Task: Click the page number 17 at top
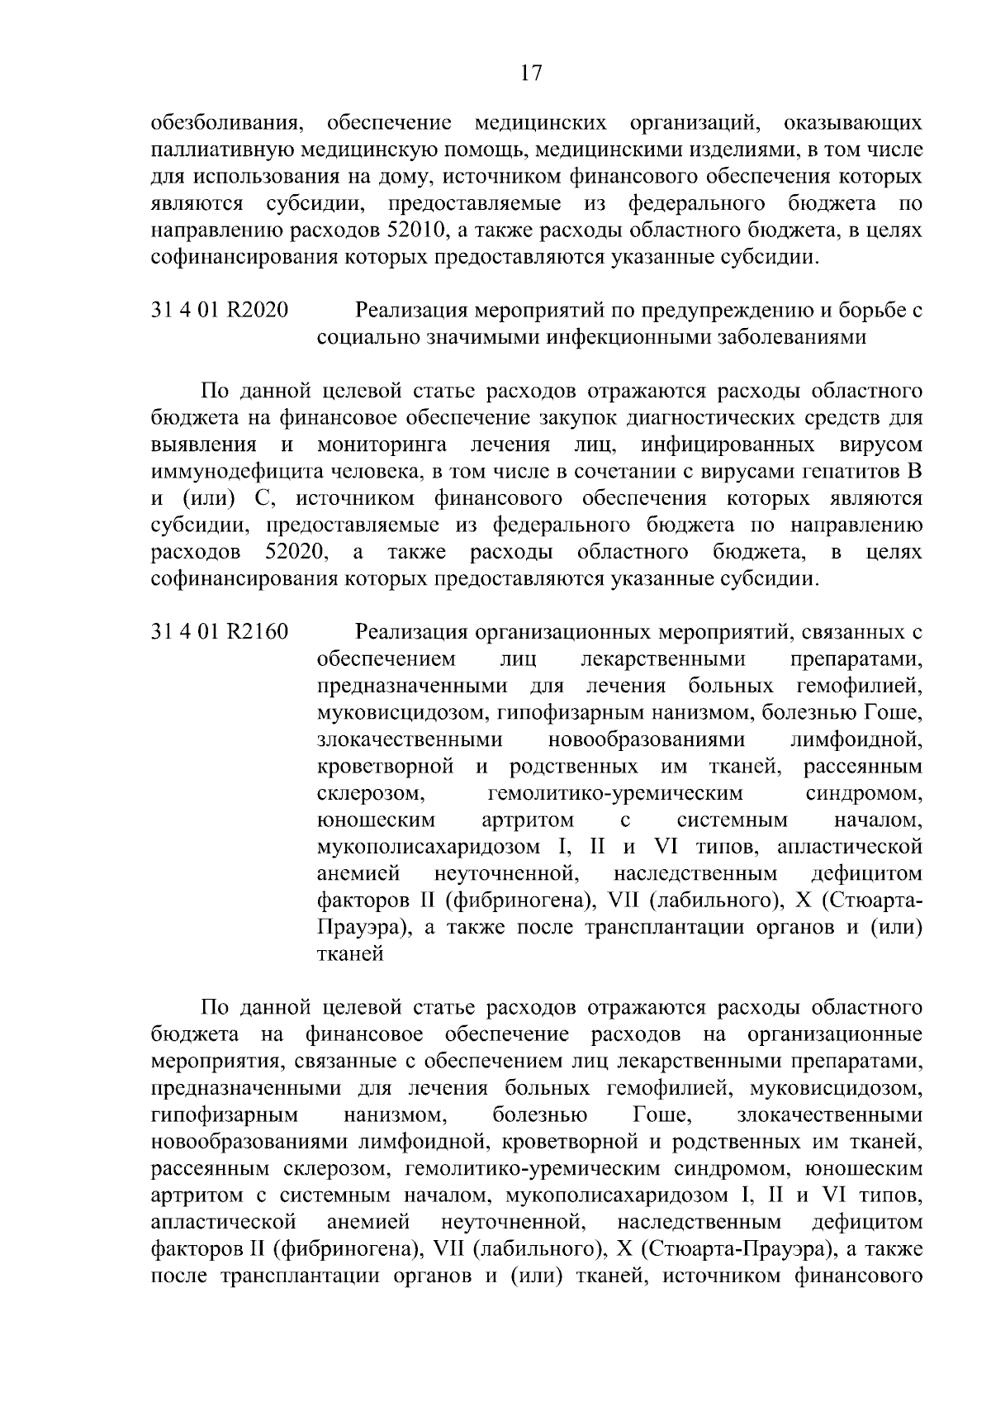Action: [x=531, y=74]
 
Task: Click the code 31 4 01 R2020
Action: [x=220, y=311]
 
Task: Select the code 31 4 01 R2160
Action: [x=220, y=632]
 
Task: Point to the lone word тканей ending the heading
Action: [x=351, y=954]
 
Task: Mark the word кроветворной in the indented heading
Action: [x=386, y=767]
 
